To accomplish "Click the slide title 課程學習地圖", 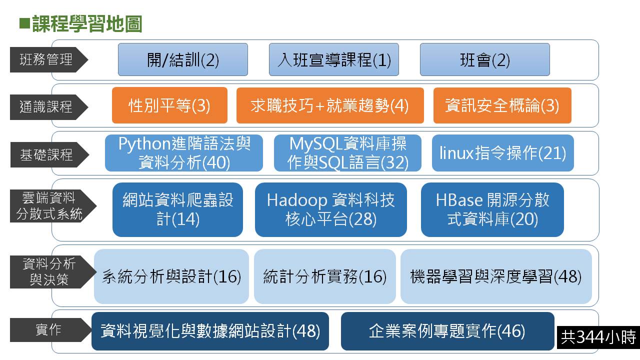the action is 87,24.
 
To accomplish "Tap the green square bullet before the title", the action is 24,23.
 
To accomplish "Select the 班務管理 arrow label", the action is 49,59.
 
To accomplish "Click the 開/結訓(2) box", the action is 183,59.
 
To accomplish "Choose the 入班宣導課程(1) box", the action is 333,59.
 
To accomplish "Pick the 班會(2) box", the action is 485,59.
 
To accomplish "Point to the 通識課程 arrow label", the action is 49,107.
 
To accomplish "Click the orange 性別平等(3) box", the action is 169,105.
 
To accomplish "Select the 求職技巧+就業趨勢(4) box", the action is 330,105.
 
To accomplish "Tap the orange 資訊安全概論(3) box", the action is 502,105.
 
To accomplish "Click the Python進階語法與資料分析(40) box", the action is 184,153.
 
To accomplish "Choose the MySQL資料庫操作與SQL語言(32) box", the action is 347,153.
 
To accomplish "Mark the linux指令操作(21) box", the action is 503,153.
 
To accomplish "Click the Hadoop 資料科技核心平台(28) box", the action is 331,209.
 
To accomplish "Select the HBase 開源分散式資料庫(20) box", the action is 492,209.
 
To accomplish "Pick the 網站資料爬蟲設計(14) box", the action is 177,209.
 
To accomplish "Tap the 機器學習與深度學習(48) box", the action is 496,276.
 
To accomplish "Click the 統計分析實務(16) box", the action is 325,276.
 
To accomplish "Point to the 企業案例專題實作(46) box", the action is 447,331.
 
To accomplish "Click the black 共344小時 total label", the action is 598,337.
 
